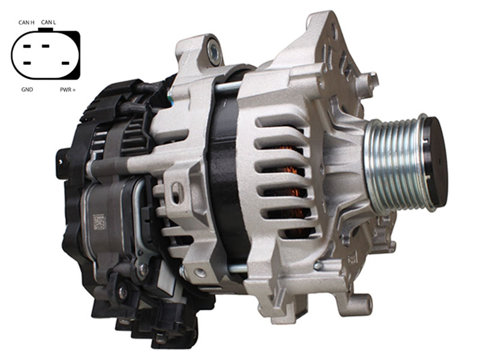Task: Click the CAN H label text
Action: pos(26,22)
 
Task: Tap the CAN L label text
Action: pos(49,22)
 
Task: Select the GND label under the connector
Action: pos(27,89)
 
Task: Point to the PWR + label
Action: pos(68,89)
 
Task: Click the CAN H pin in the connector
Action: pos(27,47)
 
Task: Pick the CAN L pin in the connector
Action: pos(46,46)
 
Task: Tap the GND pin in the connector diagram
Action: pos(27,64)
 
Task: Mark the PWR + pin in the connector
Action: pos(65,64)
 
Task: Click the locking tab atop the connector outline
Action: pos(46,29)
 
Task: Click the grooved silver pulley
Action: pos(395,164)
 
